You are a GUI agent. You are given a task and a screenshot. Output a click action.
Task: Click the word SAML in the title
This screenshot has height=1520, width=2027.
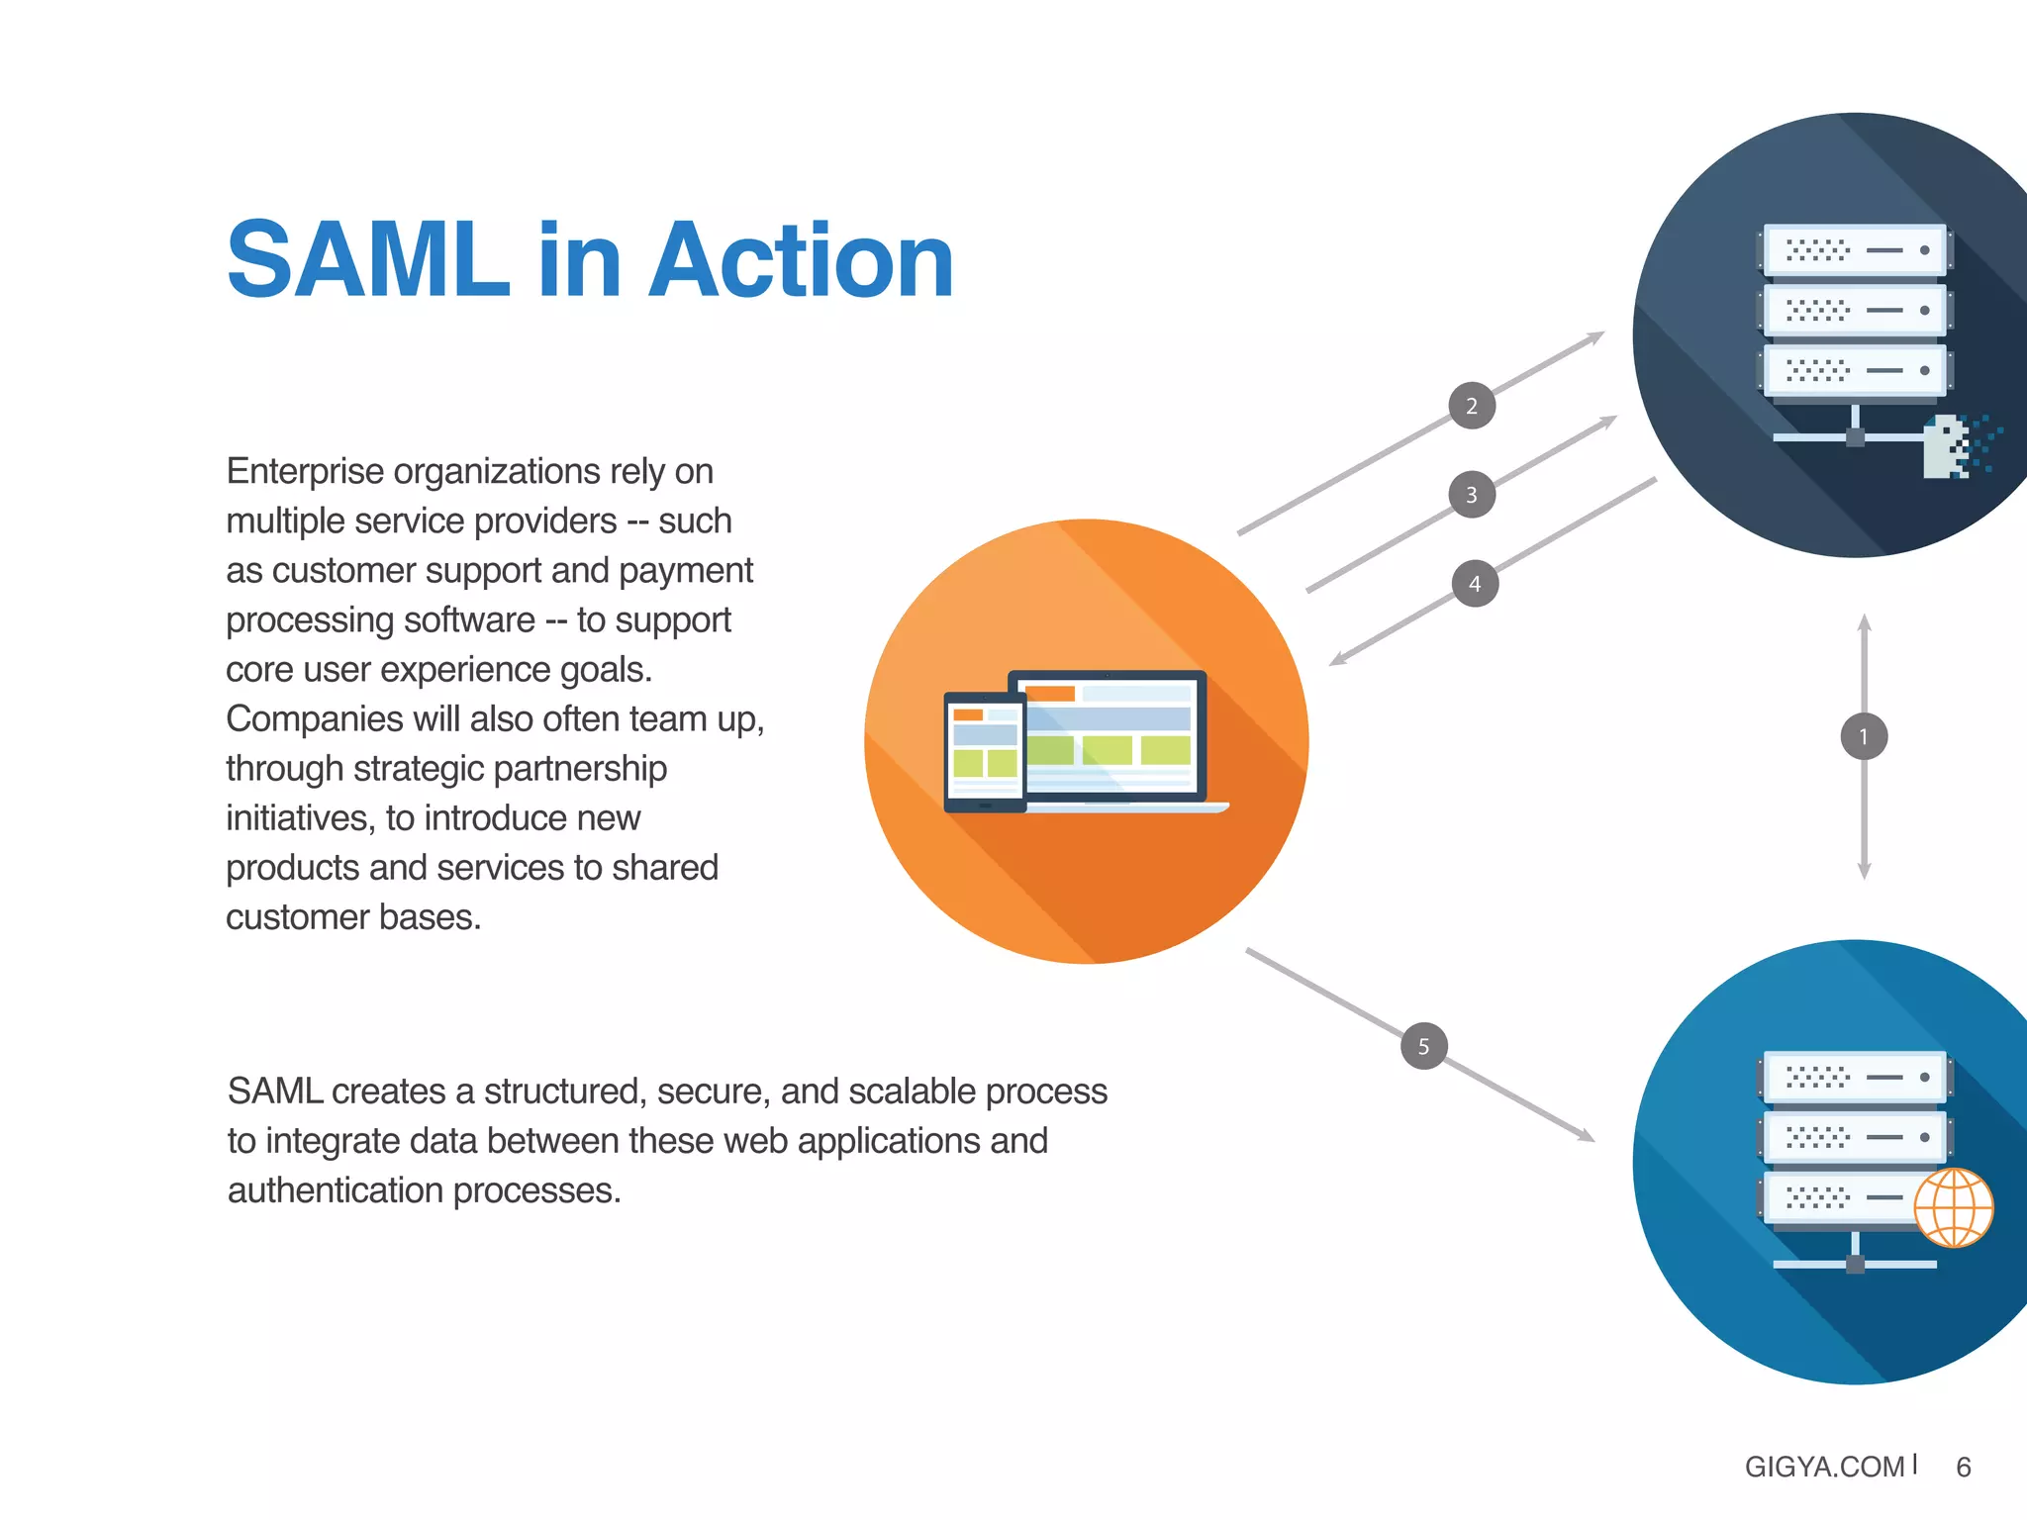pos(368,259)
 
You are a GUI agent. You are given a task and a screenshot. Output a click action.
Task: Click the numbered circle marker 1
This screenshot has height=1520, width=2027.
pos(1864,736)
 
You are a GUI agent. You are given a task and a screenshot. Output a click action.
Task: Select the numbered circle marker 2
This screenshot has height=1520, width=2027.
pos(1472,406)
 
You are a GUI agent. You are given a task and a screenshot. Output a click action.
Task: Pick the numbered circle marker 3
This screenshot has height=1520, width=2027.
pos(1472,495)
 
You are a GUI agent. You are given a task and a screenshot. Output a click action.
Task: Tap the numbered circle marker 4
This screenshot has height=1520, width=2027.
pos(1475,584)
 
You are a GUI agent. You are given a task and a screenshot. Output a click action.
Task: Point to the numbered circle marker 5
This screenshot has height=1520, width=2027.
pos(1424,1046)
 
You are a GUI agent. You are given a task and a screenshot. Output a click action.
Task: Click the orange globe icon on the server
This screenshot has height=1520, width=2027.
pos(1953,1208)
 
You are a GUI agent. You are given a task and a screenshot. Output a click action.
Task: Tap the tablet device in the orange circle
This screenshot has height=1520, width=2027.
pos(985,752)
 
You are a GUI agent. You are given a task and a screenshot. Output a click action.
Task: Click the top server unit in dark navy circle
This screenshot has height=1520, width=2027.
pos(1854,250)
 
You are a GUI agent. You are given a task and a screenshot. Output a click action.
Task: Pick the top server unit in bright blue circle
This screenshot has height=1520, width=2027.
pos(1854,1077)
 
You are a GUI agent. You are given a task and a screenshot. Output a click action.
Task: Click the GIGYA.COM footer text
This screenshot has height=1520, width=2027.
pos(1824,1467)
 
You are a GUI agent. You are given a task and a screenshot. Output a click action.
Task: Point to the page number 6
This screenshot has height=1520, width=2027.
pos(1964,1467)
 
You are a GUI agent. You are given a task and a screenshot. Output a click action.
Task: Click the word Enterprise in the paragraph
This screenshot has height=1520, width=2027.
pos(305,472)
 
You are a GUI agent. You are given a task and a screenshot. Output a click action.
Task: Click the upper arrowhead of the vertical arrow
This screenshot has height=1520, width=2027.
pos(1864,622)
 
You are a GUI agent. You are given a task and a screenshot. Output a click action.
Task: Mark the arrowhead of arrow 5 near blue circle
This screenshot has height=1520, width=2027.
pos(1587,1136)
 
